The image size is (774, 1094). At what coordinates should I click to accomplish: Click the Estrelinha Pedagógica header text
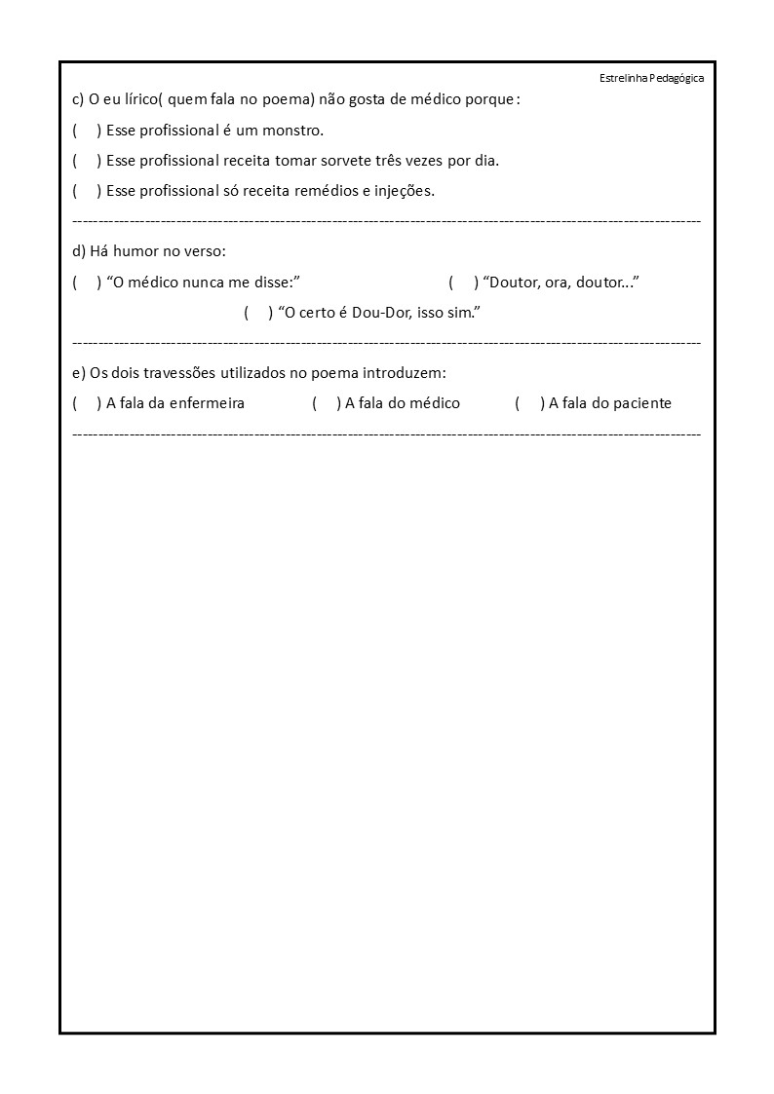point(651,78)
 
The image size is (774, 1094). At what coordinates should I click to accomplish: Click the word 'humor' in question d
point(136,251)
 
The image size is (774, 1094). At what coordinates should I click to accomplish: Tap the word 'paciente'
point(640,403)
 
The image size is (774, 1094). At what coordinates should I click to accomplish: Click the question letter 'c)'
point(78,99)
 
